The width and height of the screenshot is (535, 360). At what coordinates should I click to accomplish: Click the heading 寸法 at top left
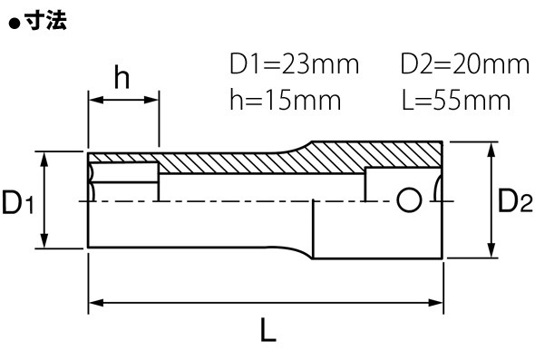(x=46, y=21)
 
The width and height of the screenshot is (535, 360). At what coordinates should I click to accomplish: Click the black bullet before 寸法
(x=15, y=24)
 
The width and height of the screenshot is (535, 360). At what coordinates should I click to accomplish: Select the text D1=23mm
(x=294, y=63)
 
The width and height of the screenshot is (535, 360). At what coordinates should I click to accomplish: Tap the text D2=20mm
(x=464, y=63)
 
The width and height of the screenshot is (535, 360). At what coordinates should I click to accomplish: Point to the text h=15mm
(x=286, y=100)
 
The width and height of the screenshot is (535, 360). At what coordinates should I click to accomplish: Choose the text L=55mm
(x=456, y=100)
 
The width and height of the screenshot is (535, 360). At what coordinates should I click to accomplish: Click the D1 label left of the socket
(x=18, y=202)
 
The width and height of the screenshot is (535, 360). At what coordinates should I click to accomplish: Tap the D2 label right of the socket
(x=515, y=200)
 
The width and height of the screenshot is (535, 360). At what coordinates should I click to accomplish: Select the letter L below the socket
(x=267, y=330)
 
